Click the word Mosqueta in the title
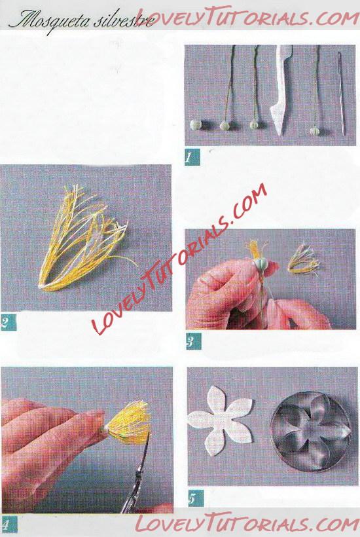tap(50, 21)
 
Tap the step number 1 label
tap(191, 158)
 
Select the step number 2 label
tap(8, 322)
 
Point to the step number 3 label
tap(193, 341)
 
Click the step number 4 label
tap(9, 524)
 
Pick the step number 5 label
tap(196, 498)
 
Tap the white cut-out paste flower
tap(221, 420)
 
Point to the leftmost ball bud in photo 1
tap(196, 124)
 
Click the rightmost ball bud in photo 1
tap(315, 131)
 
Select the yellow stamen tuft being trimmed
tap(128, 422)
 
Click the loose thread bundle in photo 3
tap(303, 259)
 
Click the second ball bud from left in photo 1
tap(226, 125)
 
